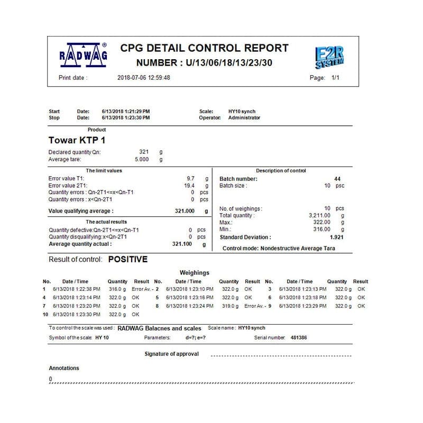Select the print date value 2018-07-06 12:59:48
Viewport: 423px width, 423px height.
(x=143, y=78)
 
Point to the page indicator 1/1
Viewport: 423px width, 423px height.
(x=335, y=78)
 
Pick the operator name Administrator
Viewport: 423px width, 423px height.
(x=244, y=118)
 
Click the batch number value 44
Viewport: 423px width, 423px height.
(x=337, y=179)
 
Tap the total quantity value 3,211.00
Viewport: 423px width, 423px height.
(x=320, y=216)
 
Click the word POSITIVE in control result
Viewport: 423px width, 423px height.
(x=128, y=260)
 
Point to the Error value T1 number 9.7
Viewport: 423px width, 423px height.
(x=191, y=179)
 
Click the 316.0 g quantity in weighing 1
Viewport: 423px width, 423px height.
(x=117, y=290)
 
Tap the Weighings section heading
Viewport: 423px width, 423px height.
(x=195, y=273)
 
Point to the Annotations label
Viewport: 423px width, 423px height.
(x=64, y=368)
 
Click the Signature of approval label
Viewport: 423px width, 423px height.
(x=172, y=354)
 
